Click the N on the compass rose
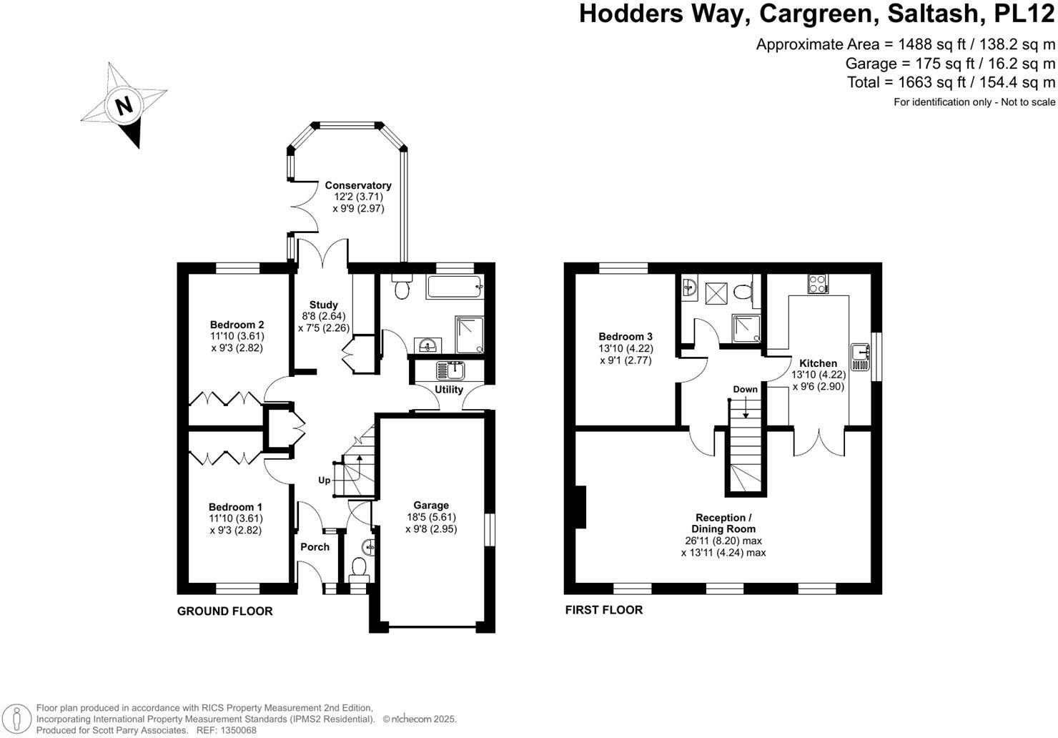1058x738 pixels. [x=124, y=106]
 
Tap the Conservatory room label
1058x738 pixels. [x=358, y=185]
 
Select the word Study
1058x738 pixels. [x=323, y=305]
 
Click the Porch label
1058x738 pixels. [x=315, y=547]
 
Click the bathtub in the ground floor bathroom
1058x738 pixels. [x=455, y=288]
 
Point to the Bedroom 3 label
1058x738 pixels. [x=626, y=336]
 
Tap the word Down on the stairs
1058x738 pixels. [x=745, y=390]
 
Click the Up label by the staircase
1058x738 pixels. [x=325, y=480]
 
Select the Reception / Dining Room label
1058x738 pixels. [x=723, y=523]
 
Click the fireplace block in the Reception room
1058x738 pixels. [x=582, y=509]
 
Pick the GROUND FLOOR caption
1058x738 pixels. [x=224, y=611]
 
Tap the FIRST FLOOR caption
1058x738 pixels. [x=603, y=610]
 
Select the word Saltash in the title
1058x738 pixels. [x=924, y=14]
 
